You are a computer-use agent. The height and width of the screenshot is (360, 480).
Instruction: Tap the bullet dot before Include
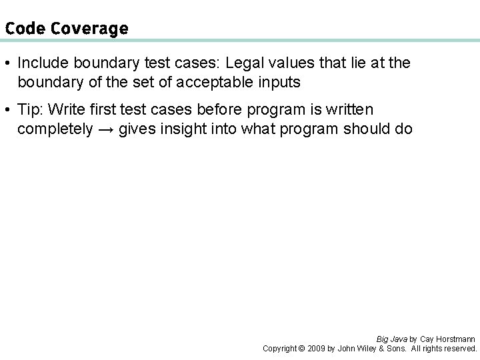tap(7, 63)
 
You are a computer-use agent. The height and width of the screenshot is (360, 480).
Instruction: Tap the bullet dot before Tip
tap(7, 109)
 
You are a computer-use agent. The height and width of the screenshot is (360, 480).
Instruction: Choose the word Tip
tap(29, 109)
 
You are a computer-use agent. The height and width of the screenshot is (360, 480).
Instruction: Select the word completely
tap(55, 129)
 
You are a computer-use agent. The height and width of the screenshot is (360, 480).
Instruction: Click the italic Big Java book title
tap(391, 339)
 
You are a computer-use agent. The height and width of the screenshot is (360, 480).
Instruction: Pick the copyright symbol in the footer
tap(301, 348)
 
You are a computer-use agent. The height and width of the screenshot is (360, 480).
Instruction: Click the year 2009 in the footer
tap(317, 348)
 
